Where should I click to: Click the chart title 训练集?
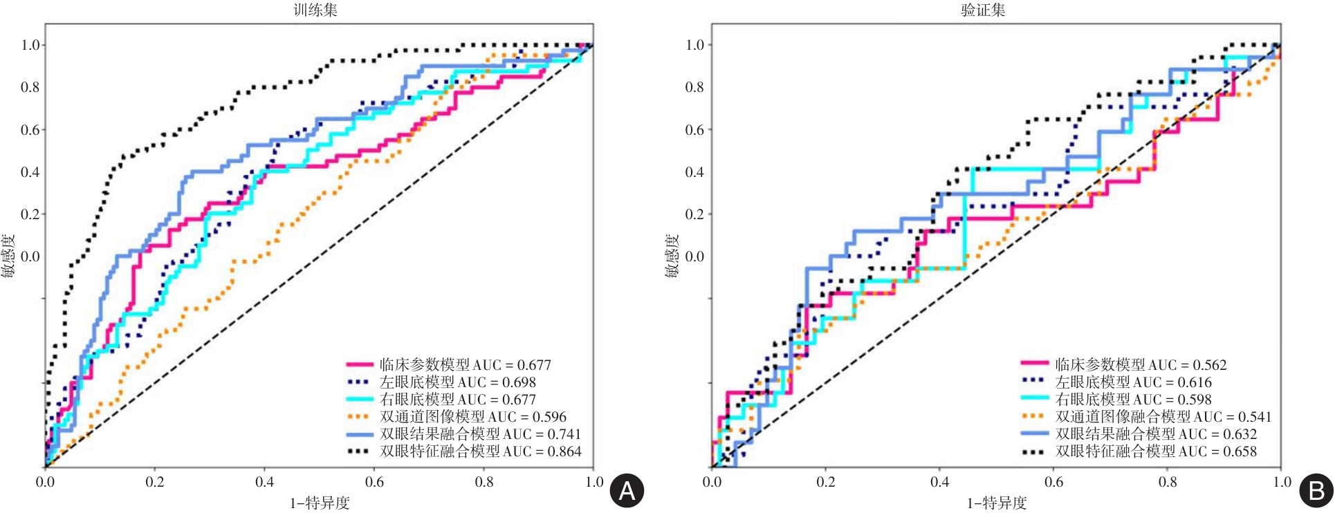[315, 10]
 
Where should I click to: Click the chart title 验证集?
[983, 10]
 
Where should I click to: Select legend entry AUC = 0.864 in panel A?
[480, 451]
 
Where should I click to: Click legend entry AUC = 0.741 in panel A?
[480, 434]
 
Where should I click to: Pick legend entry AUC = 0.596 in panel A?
[472, 417]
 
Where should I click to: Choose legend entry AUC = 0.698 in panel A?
[457, 382]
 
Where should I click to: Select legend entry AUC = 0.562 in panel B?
[1141, 365]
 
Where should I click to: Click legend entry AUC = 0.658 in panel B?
[1156, 451]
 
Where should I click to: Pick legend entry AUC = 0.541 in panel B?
[1163, 417]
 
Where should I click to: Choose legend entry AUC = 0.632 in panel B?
[1156, 434]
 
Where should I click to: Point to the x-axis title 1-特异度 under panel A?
[320, 503]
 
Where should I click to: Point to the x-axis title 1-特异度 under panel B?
[997, 503]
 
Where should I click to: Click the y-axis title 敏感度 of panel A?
[8, 256]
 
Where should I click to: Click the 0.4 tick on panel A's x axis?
[265, 482]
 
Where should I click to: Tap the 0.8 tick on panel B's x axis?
[1168, 482]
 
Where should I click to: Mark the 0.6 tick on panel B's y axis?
[694, 130]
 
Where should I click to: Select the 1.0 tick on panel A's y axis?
[30, 45]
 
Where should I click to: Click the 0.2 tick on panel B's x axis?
[826, 482]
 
